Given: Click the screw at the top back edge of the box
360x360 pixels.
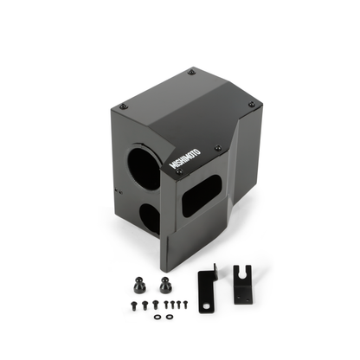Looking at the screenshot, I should coord(190,73).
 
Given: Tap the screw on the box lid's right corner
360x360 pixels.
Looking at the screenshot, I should coord(251,104).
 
